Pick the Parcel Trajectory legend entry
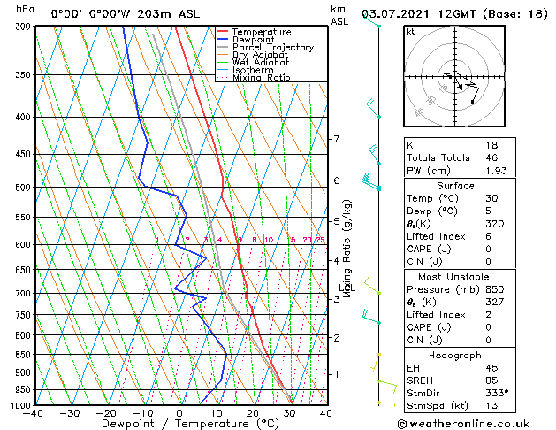(272, 48)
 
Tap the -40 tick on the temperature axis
(34, 413)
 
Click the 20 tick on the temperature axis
(253, 413)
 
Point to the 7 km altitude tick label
(336, 139)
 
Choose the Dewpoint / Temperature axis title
(179, 424)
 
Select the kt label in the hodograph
(411, 31)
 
